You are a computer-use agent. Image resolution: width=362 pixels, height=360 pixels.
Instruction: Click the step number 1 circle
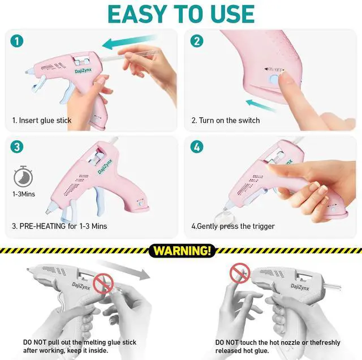tap(17, 41)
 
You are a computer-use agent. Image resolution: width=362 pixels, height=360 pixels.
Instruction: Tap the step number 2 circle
tap(197, 41)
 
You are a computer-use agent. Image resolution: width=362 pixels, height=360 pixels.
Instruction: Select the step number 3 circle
tap(17, 147)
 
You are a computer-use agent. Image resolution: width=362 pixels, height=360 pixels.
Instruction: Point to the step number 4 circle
tap(197, 147)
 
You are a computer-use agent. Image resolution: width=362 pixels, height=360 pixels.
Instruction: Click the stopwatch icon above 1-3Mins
tap(23, 177)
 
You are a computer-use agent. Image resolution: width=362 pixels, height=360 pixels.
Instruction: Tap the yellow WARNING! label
tap(182, 251)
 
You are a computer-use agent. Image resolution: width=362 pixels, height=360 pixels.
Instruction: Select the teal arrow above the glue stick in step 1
tap(130, 41)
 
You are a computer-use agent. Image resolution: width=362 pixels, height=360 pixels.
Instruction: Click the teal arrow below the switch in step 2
tap(261, 105)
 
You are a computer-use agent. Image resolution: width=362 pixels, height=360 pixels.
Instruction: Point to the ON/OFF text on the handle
tap(274, 69)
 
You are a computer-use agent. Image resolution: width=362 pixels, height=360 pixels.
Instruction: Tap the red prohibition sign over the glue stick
tap(103, 284)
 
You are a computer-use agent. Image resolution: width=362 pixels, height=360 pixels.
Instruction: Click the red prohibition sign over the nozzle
tap(240, 273)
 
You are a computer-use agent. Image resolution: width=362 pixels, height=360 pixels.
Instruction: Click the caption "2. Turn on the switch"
tap(226, 121)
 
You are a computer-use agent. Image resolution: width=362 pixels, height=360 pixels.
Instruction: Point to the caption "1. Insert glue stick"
tap(42, 121)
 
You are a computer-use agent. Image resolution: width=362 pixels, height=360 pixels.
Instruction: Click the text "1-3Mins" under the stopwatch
tap(24, 194)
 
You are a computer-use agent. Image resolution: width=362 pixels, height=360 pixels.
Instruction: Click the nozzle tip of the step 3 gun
tap(48, 211)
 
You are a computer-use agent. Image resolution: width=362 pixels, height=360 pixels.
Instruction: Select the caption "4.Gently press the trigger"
tap(233, 226)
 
